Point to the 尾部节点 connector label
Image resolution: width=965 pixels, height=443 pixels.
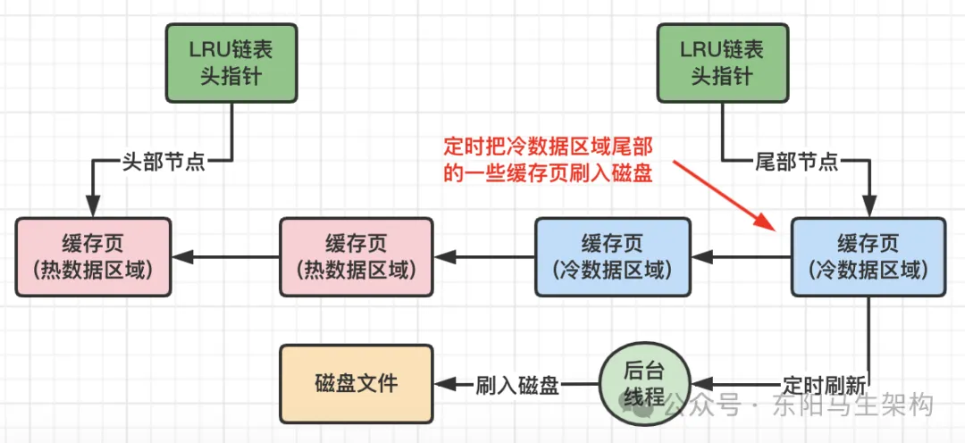tap(796, 162)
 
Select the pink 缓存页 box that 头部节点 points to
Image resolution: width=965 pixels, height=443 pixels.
tap(94, 256)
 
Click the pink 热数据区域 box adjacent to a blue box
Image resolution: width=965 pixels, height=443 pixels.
tap(357, 256)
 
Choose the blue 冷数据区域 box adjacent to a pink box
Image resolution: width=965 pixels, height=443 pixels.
tap(613, 256)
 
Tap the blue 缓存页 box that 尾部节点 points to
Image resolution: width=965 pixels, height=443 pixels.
tap(869, 256)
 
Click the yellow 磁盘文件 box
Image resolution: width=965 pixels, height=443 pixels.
tap(357, 383)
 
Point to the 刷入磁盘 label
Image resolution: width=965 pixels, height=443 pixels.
tap(517, 385)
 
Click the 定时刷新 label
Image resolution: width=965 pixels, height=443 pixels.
tap(823, 385)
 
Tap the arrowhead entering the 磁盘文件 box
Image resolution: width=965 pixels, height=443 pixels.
tap(442, 384)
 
